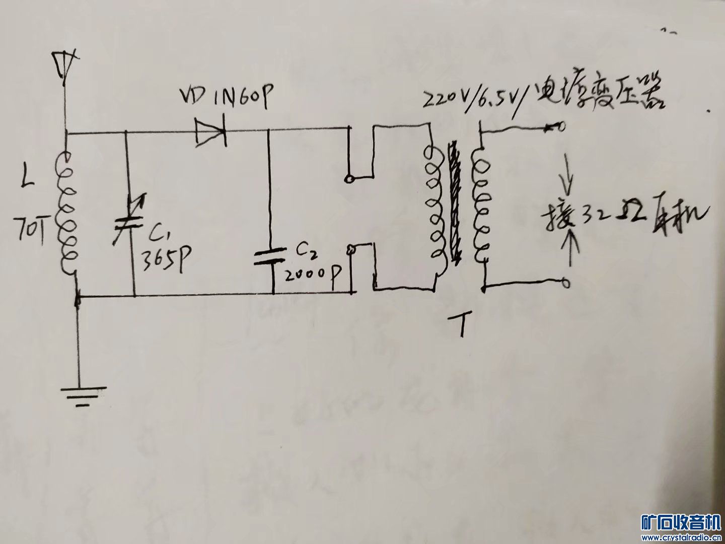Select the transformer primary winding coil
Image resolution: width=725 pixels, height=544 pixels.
click(434, 207)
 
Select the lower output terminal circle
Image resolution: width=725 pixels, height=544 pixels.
click(566, 284)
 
